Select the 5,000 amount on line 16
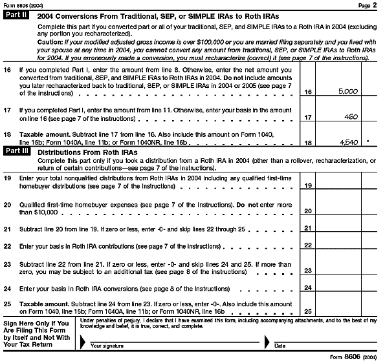click(348, 92)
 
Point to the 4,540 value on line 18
click(348, 141)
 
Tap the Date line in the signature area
click(324, 346)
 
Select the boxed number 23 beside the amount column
click(308, 271)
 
